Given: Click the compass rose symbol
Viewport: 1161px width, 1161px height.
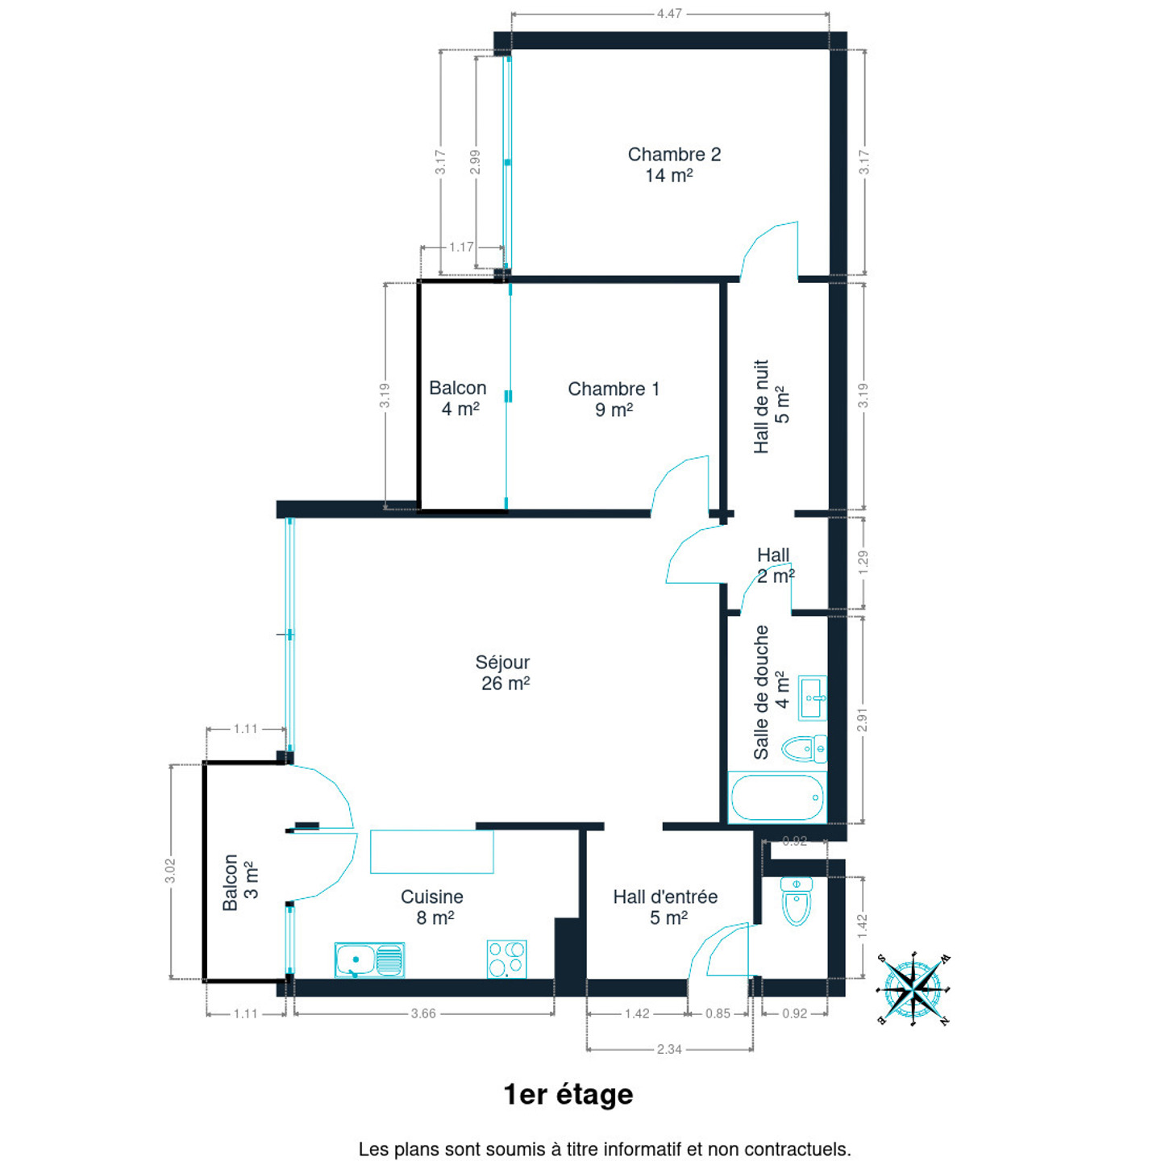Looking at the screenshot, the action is [x=914, y=988].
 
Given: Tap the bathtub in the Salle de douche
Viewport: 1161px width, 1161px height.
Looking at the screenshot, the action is [x=776, y=797].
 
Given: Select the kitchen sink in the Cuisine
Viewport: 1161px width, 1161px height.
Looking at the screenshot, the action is [x=369, y=959].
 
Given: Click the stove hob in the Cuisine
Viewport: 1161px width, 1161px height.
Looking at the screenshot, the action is [x=506, y=959].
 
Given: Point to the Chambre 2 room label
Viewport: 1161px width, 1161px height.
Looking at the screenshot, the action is [x=673, y=164].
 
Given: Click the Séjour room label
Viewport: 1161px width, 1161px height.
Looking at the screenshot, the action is [x=504, y=672].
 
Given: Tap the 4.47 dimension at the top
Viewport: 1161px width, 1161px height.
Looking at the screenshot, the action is [x=669, y=13].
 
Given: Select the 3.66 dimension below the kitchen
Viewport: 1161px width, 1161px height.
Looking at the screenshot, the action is [x=423, y=1014].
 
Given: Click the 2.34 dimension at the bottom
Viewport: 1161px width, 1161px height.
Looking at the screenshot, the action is [x=669, y=1050].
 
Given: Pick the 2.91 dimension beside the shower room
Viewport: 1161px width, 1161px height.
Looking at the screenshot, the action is [x=863, y=719].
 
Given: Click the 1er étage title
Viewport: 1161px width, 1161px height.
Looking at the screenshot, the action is [x=568, y=1096].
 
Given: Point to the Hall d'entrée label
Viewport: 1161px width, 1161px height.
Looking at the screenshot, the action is [x=665, y=907].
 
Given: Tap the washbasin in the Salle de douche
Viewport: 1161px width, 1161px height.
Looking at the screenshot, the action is [x=812, y=697].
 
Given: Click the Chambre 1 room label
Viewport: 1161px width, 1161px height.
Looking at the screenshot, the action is [x=614, y=399].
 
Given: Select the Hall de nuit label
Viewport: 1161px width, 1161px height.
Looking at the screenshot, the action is [x=772, y=406].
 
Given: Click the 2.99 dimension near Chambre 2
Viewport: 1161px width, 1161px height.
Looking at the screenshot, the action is [x=475, y=162].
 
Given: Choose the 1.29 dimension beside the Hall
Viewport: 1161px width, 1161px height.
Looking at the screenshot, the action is [x=863, y=563].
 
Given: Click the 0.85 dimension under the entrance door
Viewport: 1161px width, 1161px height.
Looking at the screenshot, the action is [x=718, y=1014].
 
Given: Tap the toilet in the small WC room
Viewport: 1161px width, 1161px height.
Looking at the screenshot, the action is [x=795, y=901].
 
